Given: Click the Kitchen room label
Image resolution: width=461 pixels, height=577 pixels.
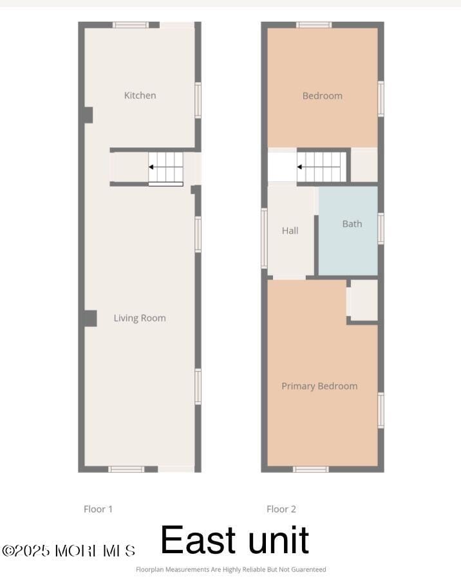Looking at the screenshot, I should tap(140, 95).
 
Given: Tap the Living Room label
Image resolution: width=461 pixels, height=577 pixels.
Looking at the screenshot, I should tap(140, 318).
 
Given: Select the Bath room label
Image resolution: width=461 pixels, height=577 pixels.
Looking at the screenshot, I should tap(352, 224).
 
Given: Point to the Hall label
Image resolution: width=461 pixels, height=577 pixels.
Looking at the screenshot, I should tap(290, 230).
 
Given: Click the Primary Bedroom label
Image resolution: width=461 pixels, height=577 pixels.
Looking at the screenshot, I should tap(319, 386).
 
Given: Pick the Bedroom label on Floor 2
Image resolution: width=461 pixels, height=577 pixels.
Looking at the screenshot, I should tap(322, 96).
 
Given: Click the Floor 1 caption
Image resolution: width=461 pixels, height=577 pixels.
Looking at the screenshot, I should tap(98, 509).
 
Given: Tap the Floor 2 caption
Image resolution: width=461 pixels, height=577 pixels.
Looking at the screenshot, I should tap(281, 509).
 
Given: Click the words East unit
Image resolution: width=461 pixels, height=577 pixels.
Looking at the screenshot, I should tap(234, 540).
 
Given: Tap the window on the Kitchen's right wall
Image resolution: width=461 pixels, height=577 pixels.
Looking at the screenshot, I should tap(198, 100).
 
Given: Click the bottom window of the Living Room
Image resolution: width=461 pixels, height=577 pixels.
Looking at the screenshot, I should tap(126, 469).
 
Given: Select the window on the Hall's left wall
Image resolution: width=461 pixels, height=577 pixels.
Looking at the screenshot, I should tap(264, 238).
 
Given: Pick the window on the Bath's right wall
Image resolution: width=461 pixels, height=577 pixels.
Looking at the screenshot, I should tap(381, 228).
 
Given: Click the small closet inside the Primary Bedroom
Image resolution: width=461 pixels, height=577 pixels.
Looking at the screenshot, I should tap(363, 300).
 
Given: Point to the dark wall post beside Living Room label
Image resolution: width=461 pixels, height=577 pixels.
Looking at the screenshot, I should tap(89, 318).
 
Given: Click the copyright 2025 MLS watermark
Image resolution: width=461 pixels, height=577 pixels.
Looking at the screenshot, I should tap(69, 551).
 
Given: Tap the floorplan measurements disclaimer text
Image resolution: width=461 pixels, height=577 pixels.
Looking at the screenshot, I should tap(230, 569).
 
